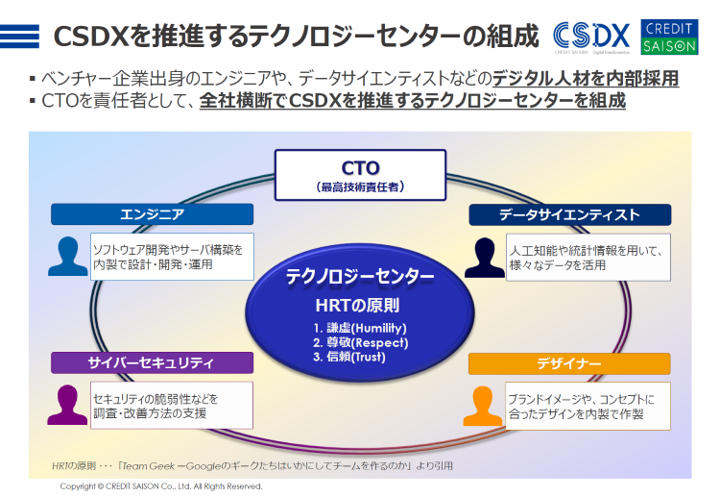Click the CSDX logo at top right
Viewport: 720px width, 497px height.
coord(592,37)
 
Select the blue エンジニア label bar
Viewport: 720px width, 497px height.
coord(152,214)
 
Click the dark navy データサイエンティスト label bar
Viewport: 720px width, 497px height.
coord(569,214)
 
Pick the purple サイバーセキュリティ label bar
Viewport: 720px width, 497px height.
coord(152,362)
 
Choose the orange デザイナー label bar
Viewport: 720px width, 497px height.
coord(569,363)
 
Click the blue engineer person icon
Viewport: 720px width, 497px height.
coord(68,256)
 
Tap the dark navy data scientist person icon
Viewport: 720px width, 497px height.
coord(484,257)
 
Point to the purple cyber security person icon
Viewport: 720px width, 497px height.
coord(68,405)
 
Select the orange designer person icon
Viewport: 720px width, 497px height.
coord(484,406)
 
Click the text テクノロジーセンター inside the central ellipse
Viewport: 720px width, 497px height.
coord(360,277)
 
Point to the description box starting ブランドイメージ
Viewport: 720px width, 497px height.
coord(587,406)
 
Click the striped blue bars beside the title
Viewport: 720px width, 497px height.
coord(21,37)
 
